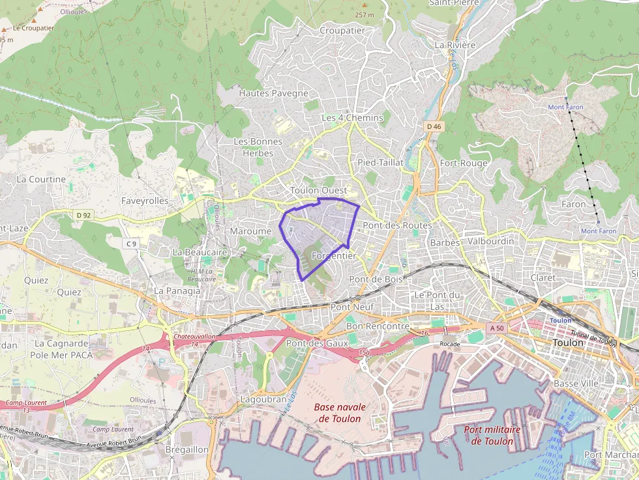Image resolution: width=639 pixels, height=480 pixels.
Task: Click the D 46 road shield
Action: pos(434,126)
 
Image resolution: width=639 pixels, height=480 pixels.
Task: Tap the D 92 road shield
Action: pos(83,214)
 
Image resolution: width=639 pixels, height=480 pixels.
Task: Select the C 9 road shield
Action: pos(131,244)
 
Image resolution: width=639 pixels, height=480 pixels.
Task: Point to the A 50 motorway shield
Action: pos(498,328)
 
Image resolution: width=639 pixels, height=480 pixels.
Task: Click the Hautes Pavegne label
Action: pos(273,93)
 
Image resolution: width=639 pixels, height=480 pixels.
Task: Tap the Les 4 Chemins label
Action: pos(352,117)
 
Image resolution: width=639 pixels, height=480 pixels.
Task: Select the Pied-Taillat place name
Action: pos(381,162)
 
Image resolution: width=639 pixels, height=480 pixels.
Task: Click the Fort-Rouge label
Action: pos(464,163)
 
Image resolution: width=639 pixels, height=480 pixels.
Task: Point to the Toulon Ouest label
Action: pos(318,190)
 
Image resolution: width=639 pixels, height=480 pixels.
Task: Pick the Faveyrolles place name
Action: pos(145,201)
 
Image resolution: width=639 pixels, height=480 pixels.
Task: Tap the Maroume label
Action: pos(250,231)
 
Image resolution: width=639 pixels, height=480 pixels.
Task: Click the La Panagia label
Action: pos(177,290)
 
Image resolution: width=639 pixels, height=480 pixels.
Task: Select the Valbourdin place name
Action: pos(491,241)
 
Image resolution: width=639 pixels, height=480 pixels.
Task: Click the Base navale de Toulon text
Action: pos(340,412)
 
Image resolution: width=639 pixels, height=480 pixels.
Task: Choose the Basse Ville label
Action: pos(576,384)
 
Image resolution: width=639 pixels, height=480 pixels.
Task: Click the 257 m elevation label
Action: pos(364,14)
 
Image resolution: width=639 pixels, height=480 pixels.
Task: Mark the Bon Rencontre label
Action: pos(378,326)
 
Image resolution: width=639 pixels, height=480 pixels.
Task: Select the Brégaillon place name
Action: pos(186,449)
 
